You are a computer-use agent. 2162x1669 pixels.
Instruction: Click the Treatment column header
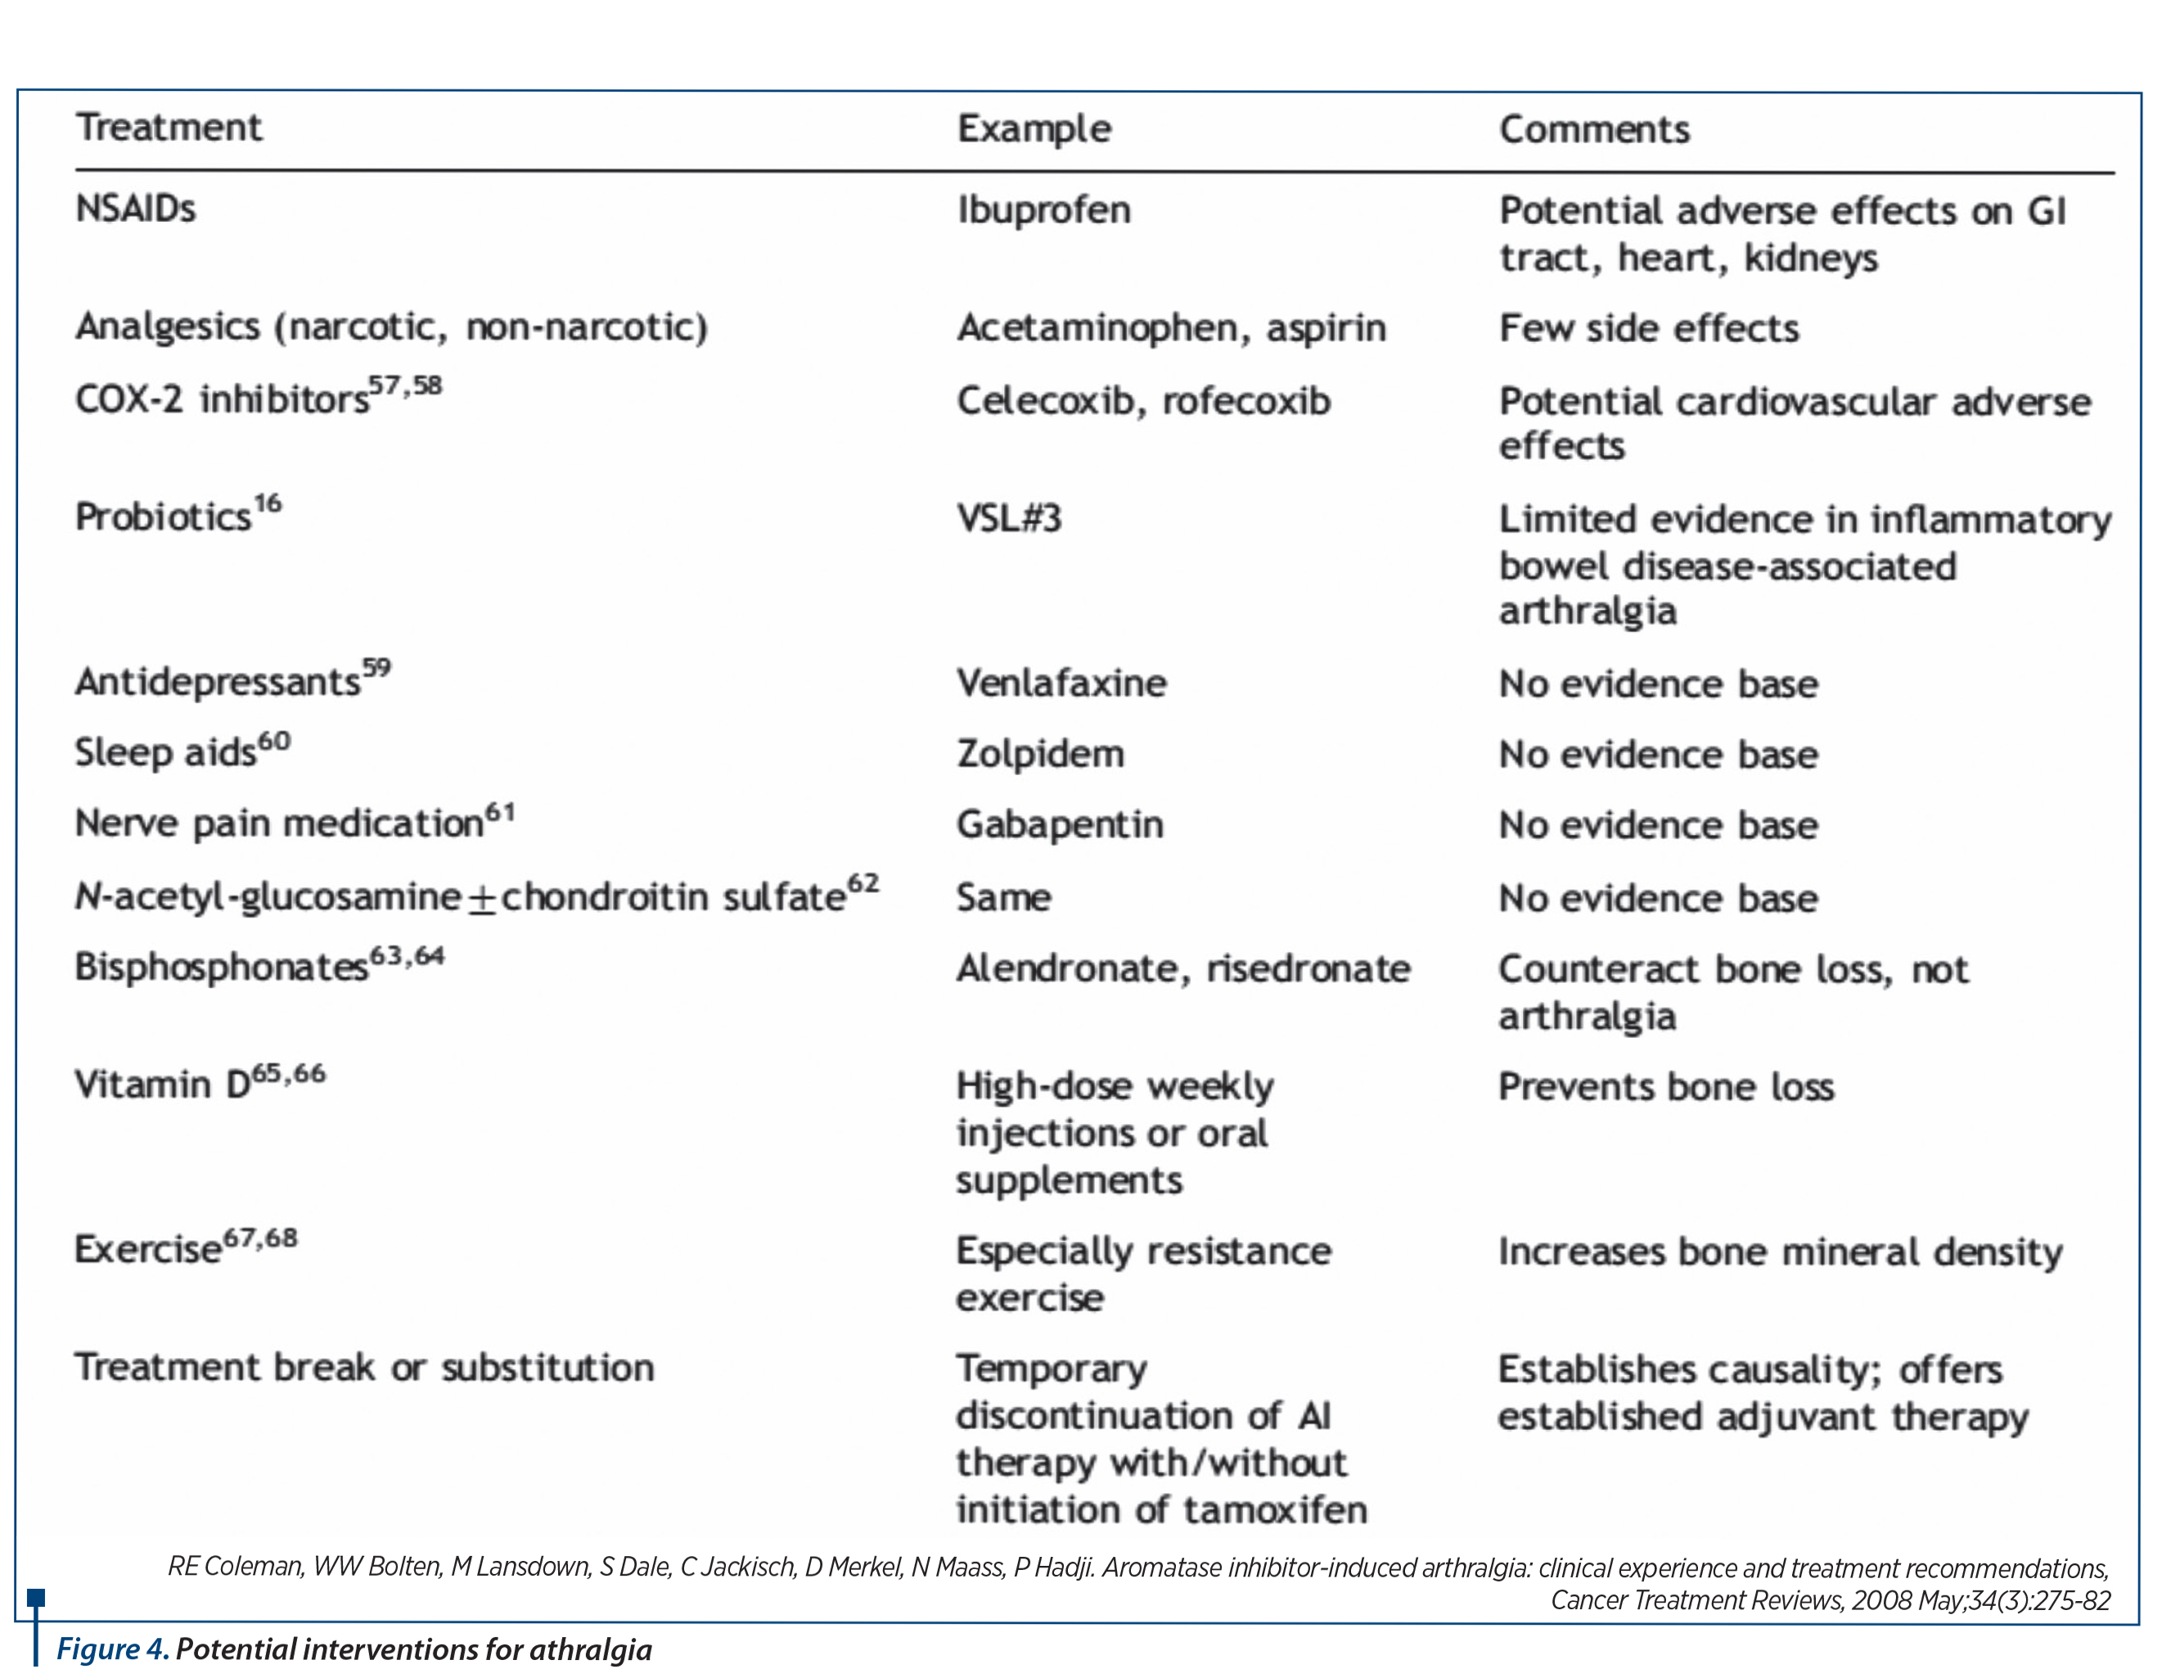[x=169, y=128]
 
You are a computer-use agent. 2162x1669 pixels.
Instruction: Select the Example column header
[x=1034, y=129]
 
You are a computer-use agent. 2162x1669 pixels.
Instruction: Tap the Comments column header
[x=1594, y=129]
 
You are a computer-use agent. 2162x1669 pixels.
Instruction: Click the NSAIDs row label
[x=136, y=209]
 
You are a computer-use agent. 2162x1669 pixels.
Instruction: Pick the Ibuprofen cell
[x=1043, y=210]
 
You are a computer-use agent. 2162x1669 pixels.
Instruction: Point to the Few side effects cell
[x=1648, y=327]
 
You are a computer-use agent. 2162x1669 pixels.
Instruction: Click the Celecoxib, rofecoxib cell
[x=1143, y=401]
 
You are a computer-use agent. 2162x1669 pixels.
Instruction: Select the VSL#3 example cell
[x=1009, y=519]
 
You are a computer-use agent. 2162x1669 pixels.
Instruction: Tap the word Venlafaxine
[x=1061, y=683]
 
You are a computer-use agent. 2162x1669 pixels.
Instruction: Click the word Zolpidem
[x=1040, y=755]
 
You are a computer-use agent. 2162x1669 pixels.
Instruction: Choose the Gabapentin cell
[x=1059, y=824]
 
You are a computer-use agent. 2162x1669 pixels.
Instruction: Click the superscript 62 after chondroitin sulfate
[x=863, y=883]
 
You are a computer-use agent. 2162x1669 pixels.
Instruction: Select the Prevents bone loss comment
[x=1665, y=1087]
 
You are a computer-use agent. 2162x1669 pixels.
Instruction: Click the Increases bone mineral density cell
[x=1779, y=1252]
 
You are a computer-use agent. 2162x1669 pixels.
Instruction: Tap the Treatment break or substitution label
[x=364, y=1368]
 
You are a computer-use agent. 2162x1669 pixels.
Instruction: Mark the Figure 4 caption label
[x=110, y=1649]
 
